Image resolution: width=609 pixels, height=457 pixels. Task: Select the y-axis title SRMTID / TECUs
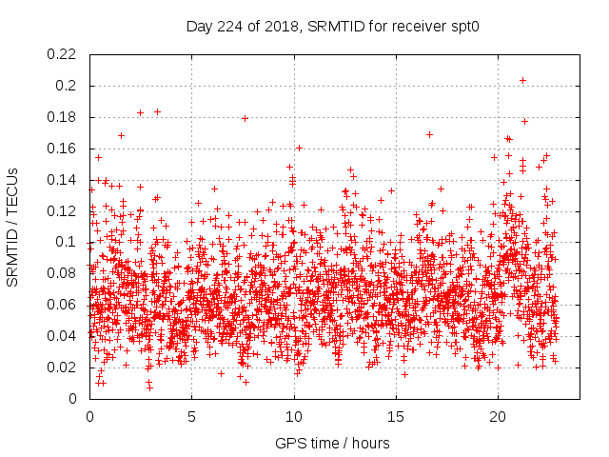(13, 227)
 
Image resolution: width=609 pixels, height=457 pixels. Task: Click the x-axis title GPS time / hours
(331, 443)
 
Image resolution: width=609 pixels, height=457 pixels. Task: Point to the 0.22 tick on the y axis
(65, 54)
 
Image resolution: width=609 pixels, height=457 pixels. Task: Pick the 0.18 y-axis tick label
(65, 117)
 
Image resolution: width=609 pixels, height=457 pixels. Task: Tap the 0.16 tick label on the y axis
(65, 149)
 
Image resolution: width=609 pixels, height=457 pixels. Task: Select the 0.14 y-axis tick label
(65, 180)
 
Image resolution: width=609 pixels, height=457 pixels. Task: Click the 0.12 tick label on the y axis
(65, 211)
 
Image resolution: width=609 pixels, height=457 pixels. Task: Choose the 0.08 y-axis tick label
(65, 273)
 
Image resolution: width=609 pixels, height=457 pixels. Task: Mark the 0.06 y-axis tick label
(65, 305)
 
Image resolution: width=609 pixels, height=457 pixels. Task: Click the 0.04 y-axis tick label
(65, 336)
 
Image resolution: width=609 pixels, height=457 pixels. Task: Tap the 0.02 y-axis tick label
(65, 368)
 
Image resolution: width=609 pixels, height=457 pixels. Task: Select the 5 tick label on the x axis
(191, 416)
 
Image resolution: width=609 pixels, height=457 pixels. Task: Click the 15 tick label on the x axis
(395, 416)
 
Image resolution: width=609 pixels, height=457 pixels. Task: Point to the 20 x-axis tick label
(497, 416)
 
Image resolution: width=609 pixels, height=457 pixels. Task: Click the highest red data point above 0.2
(522, 80)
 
